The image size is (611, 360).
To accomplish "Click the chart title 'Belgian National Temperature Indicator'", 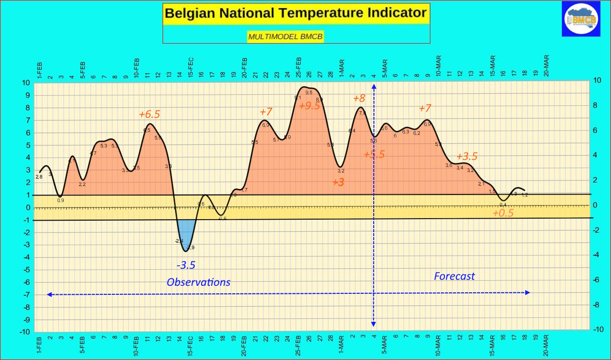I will [x=296, y=13].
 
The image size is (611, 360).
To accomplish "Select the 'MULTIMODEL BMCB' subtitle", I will [x=285, y=36].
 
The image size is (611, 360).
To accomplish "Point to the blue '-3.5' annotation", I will [x=186, y=265].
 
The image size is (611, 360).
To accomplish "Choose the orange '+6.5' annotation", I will [x=149, y=114].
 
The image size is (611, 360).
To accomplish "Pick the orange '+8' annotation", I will [x=359, y=98].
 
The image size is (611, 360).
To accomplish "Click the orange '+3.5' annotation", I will [x=466, y=156].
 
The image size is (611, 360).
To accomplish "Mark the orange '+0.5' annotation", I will [x=503, y=213].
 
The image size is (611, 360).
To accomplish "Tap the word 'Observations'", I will [x=199, y=282].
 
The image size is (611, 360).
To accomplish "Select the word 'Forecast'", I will [x=454, y=276].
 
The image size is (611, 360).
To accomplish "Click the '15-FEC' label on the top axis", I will [x=190, y=67].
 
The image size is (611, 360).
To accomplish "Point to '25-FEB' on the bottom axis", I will [x=298, y=345].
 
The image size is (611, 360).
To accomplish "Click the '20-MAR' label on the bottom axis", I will [x=546, y=345].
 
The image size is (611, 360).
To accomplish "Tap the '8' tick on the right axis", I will [x=595, y=105].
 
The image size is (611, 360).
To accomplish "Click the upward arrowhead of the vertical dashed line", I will [x=374, y=86].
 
